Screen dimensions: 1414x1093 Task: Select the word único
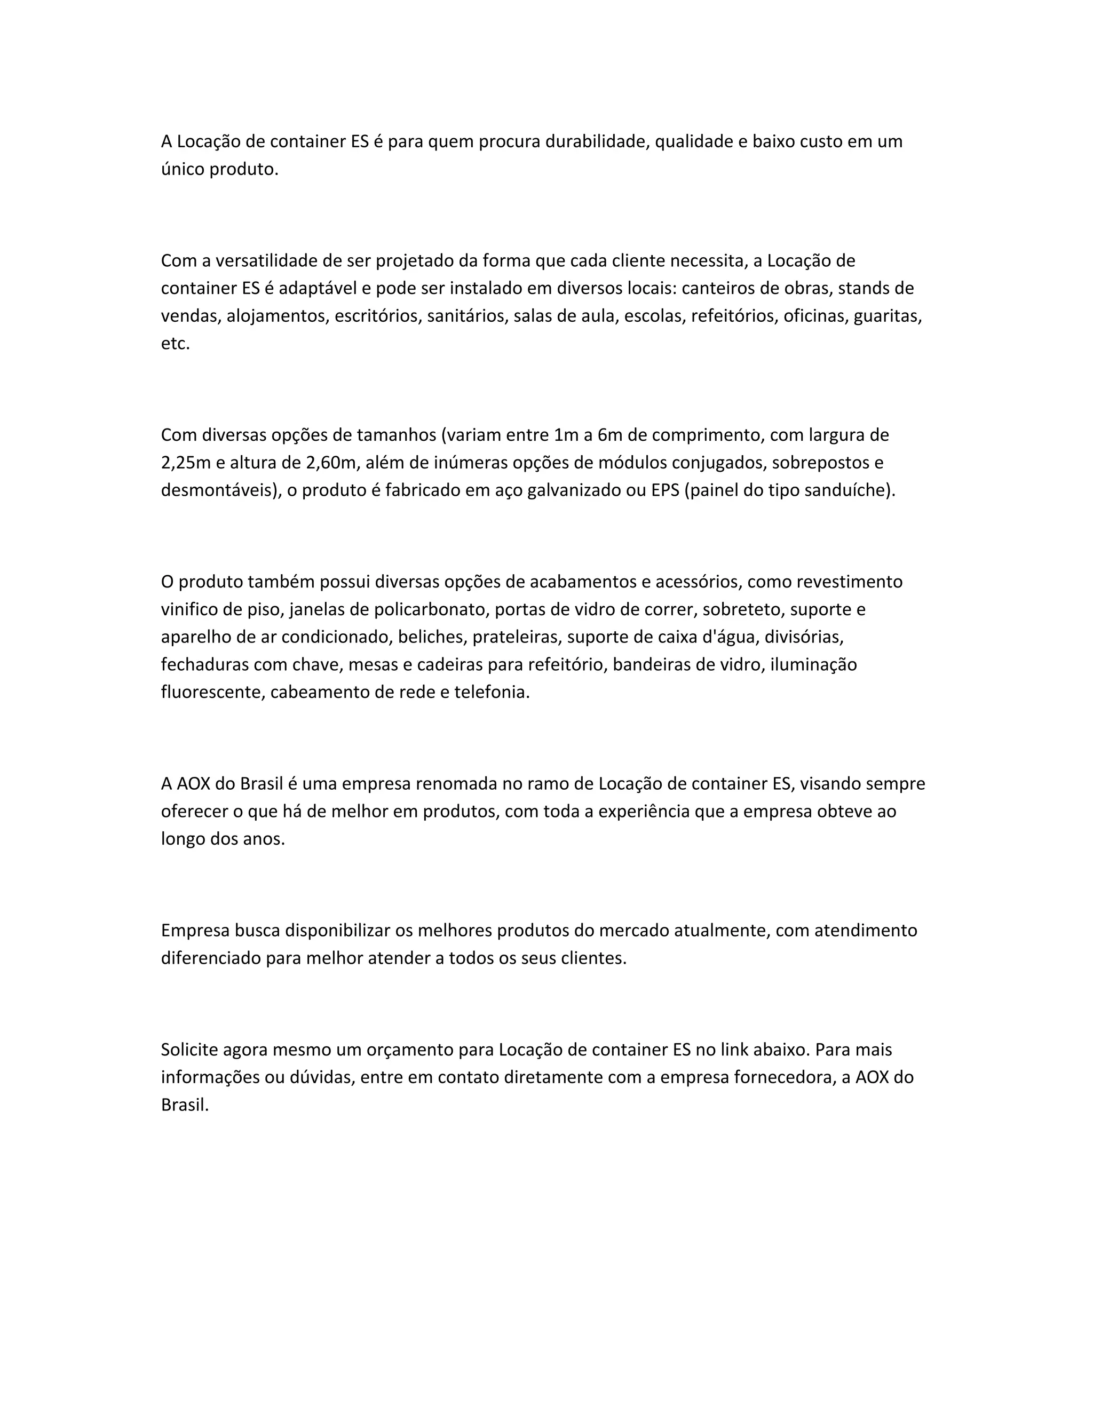(183, 169)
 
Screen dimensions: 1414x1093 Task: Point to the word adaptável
(312, 288)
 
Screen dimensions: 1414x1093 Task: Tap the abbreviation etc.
(176, 344)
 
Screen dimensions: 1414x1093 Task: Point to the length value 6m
(611, 435)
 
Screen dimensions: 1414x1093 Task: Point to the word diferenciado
(211, 958)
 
